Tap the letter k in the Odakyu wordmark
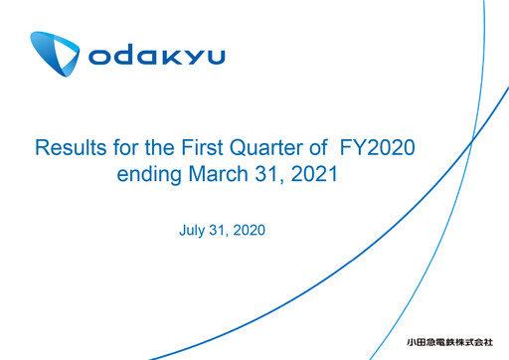pyautogui.click(x=166, y=57)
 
